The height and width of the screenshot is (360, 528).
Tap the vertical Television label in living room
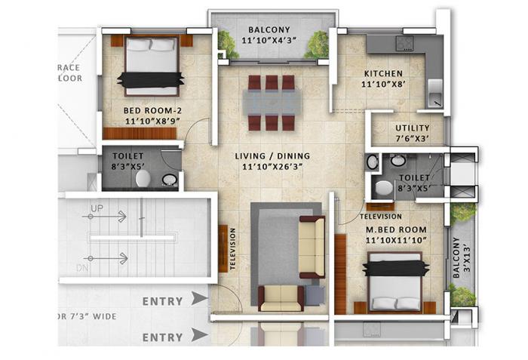click(x=232, y=249)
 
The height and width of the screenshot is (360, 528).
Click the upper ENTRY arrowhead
click(x=199, y=299)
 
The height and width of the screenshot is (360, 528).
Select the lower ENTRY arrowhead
click(x=199, y=334)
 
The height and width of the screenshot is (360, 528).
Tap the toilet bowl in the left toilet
click(x=143, y=178)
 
